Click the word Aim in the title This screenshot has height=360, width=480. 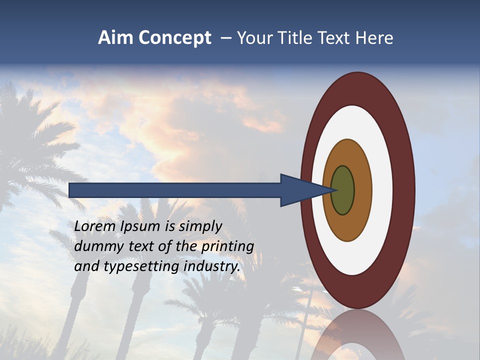[x=116, y=38]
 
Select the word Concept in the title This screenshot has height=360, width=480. [x=175, y=38]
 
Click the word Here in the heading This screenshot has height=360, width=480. [x=374, y=38]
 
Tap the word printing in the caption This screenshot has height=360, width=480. [x=227, y=246]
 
